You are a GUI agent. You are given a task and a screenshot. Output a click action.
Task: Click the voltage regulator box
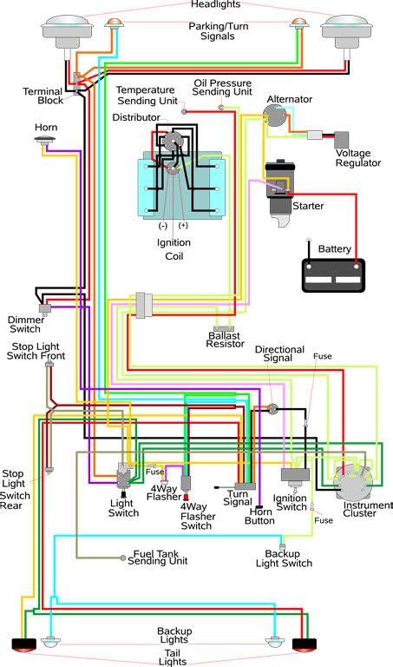(x=342, y=139)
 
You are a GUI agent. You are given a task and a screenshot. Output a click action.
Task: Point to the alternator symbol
(x=281, y=120)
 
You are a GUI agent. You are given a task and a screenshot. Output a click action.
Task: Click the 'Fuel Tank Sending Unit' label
(x=162, y=557)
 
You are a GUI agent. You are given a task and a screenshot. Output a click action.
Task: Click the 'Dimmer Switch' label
(x=26, y=324)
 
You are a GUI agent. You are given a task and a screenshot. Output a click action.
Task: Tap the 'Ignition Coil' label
(x=174, y=248)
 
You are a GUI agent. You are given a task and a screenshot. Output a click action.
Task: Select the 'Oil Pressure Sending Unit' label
(x=222, y=89)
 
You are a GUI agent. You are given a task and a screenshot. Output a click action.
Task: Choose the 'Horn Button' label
(x=259, y=515)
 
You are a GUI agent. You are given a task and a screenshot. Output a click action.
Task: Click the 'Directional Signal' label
(x=279, y=354)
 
